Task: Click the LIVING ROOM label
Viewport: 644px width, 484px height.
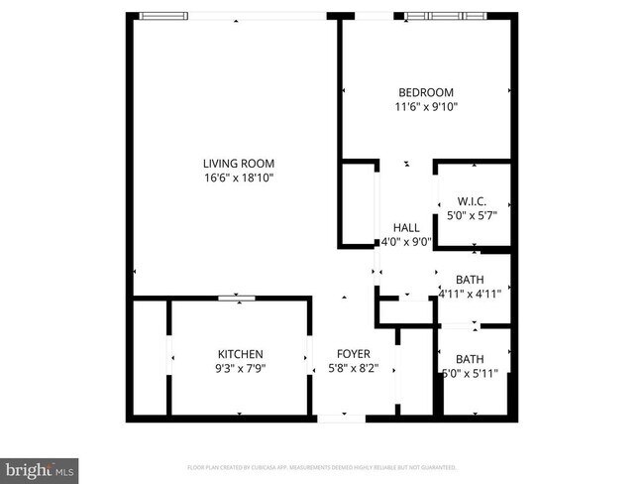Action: [239, 164]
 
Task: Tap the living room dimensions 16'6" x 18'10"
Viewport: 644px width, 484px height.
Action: [239, 179]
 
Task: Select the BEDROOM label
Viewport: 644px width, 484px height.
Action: [426, 92]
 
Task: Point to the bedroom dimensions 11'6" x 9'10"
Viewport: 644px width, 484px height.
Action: [426, 107]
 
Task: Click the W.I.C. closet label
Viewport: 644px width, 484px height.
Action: [472, 200]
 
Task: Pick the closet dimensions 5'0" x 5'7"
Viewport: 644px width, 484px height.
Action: [472, 214]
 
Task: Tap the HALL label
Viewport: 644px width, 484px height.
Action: [406, 227]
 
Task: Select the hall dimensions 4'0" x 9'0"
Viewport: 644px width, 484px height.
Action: [404, 241]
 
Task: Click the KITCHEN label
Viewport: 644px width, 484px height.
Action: [241, 354]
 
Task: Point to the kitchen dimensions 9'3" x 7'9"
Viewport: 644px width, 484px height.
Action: [241, 369]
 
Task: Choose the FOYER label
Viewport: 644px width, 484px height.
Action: [354, 354]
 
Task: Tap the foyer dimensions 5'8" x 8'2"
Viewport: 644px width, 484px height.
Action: [354, 369]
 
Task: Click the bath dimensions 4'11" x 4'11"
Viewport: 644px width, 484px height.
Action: [471, 293]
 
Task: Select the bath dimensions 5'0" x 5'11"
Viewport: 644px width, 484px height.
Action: [471, 373]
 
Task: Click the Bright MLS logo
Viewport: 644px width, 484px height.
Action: [40, 468]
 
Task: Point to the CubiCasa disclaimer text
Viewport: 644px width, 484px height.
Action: [322, 466]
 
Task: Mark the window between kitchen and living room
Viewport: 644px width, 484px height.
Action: [238, 297]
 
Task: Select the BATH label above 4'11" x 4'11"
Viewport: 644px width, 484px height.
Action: [471, 279]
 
